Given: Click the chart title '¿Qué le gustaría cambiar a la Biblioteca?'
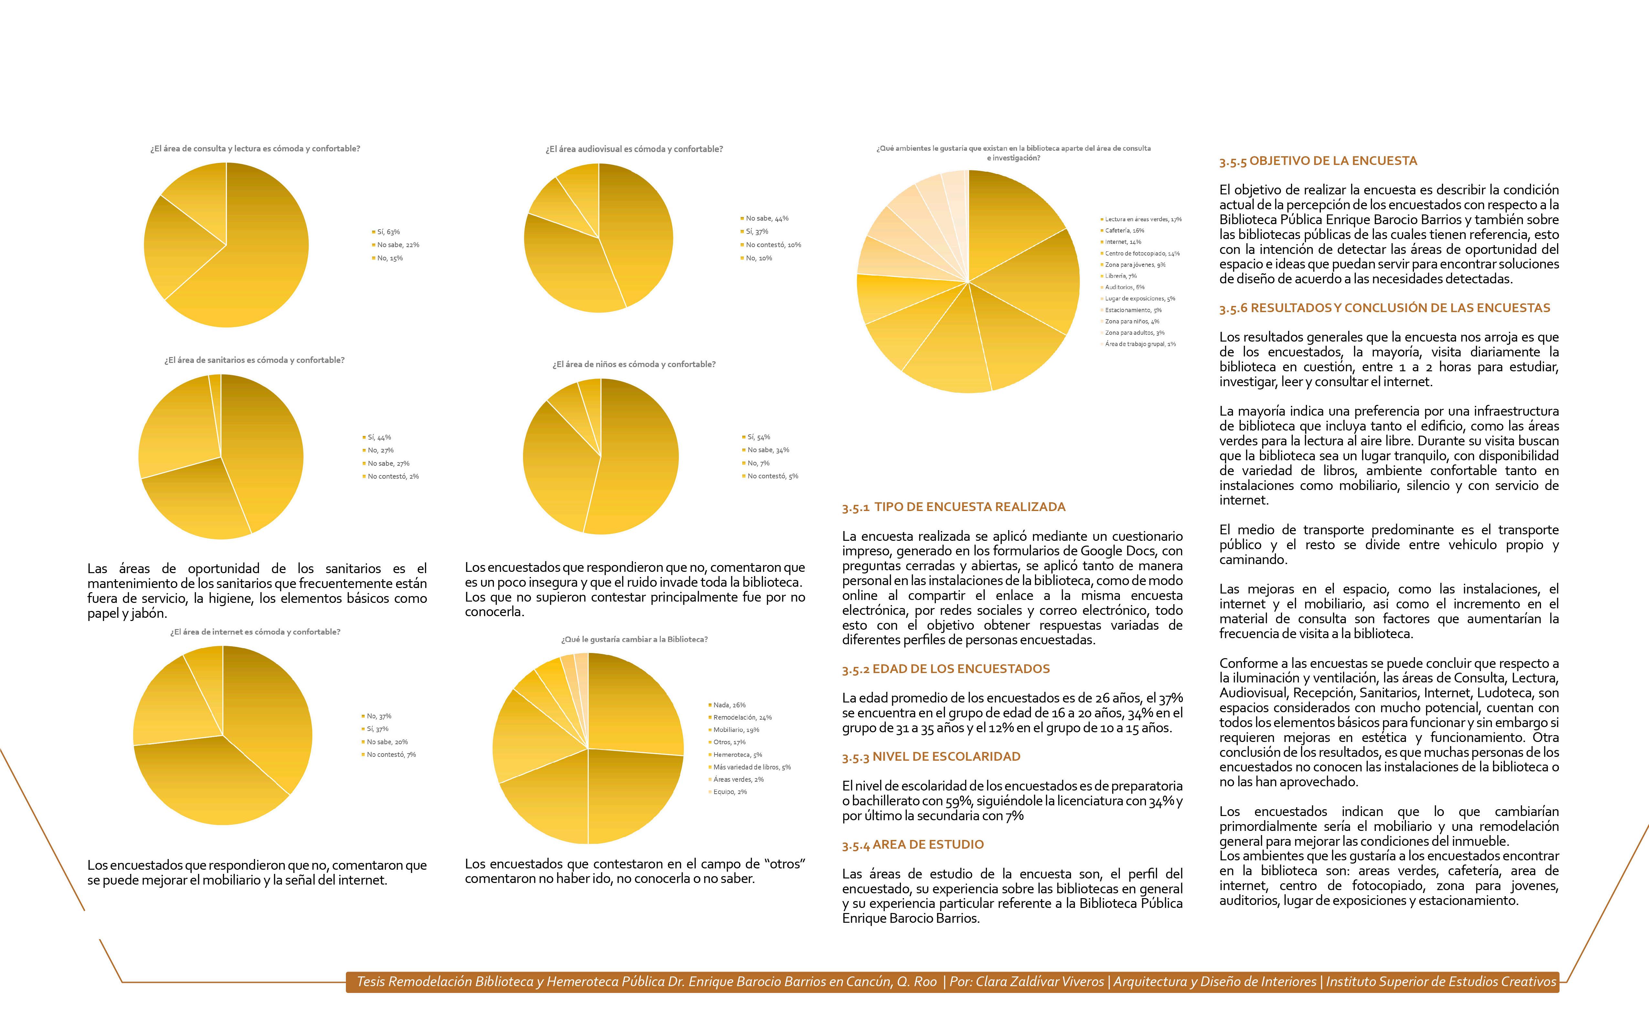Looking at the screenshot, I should pos(634,639).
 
